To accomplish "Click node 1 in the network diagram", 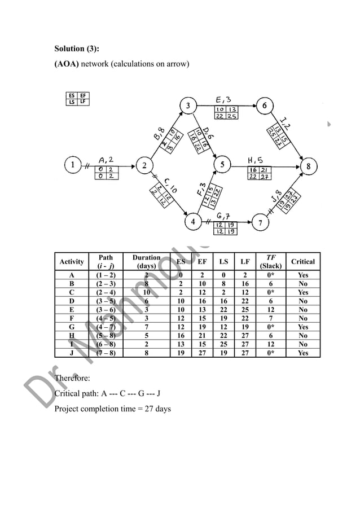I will [x=72, y=165].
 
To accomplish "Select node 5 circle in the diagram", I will [x=223, y=165].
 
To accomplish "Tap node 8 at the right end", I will [x=309, y=166].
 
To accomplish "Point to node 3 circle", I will [x=188, y=105].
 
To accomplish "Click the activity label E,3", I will [x=223, y=99].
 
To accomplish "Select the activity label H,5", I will [x=257, y=160].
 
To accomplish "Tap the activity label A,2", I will [x=108, y=160].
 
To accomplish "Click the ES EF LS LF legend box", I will [x=77, y=99].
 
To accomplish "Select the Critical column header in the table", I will [x=303, y=262].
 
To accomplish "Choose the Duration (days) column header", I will [x=146, y=261].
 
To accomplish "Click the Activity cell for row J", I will [x=72, y=353].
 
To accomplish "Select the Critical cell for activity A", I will [x=303, y=275].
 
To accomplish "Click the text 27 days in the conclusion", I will [x=159, y=409].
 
